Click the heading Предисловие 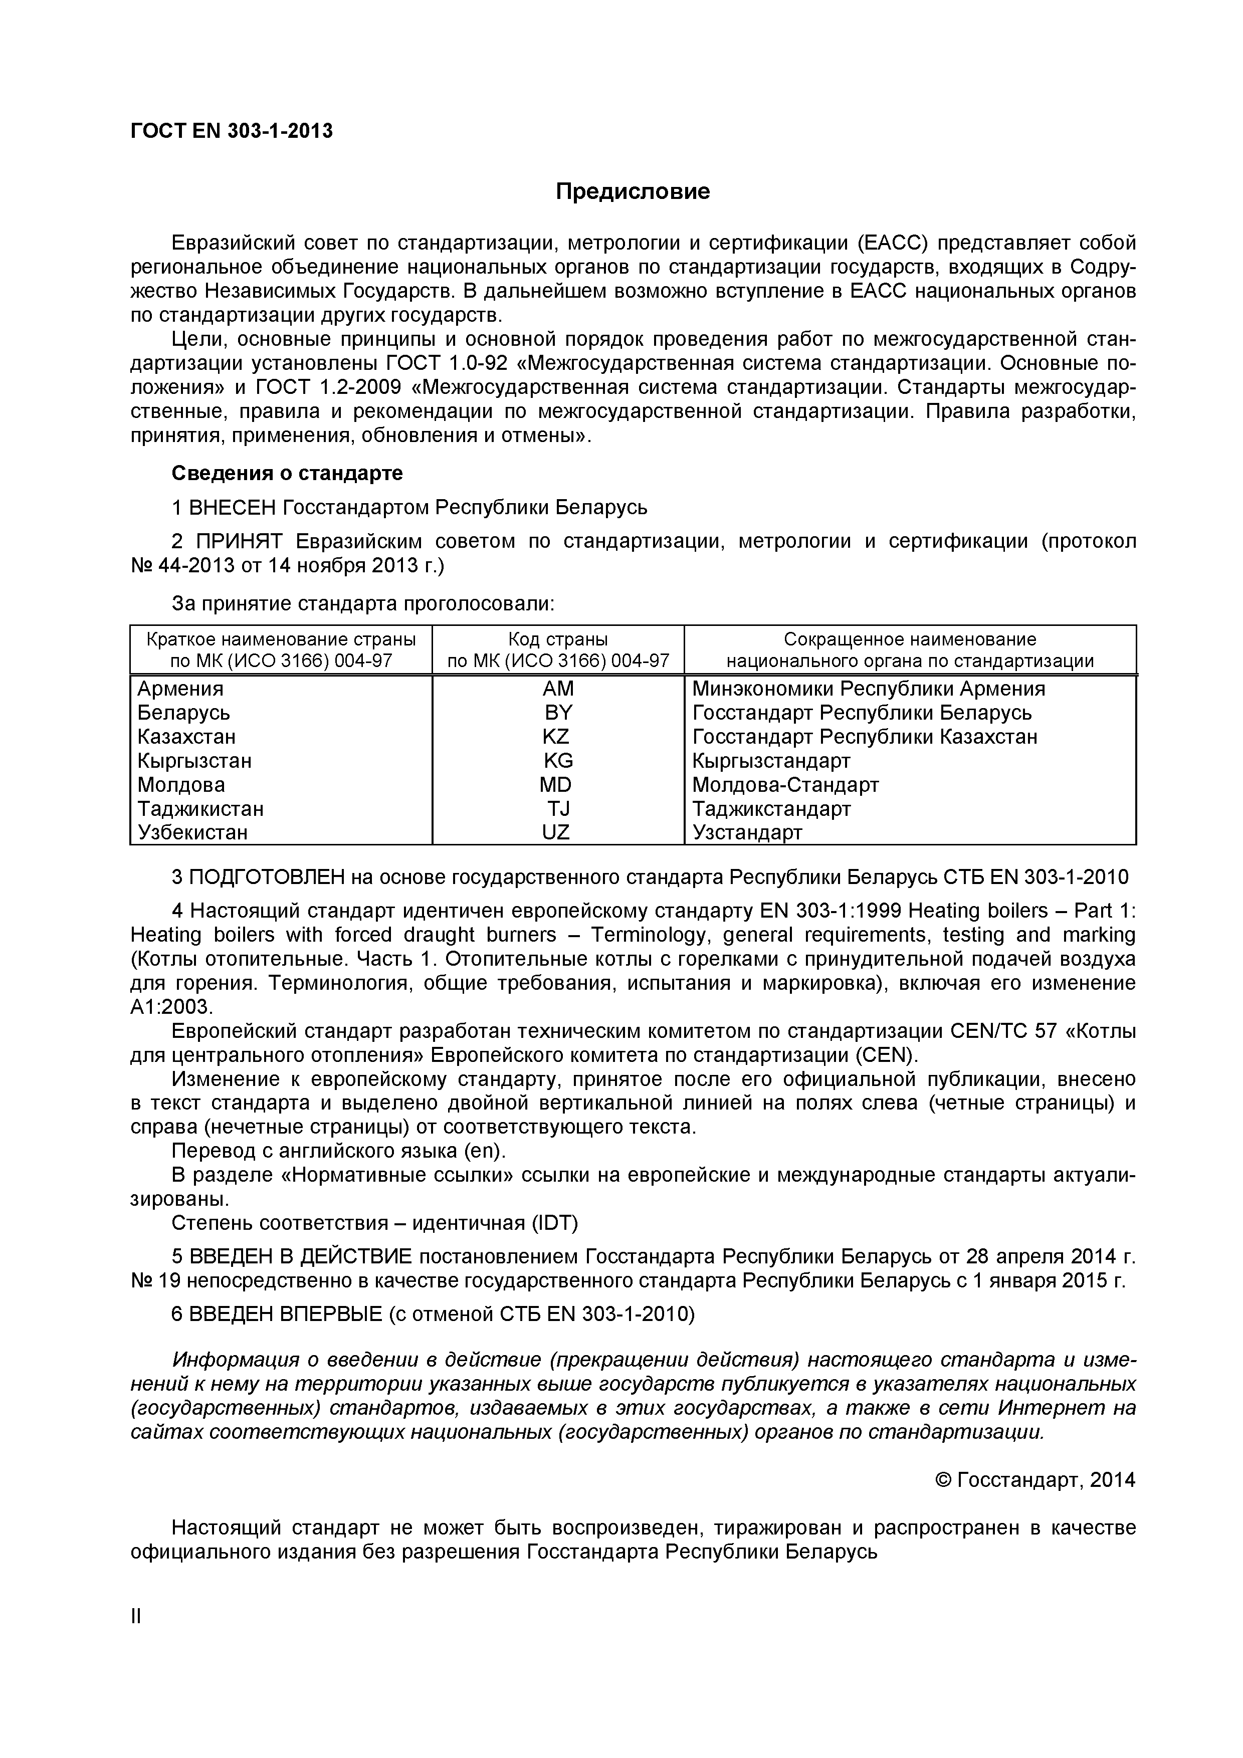(x=633, y=191)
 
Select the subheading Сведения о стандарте (x=286, y=473)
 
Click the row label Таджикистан (x=200, y=808)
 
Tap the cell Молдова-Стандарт (x=785, y=785)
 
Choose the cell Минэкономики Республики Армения (x=869, y=689)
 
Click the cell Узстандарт (x=747, y=832)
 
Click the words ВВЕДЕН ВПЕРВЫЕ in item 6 (x=286, y=1314)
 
